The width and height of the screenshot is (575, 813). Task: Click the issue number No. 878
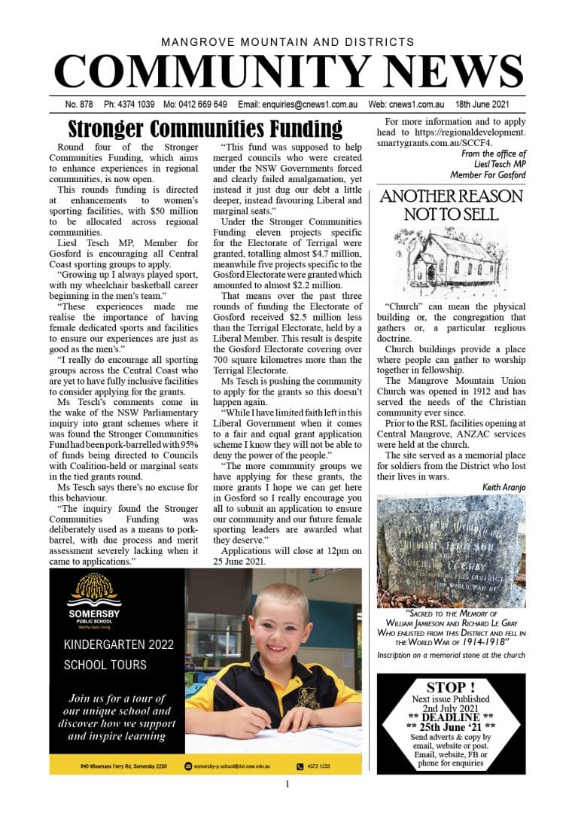pyautogui.click(x=78, y=105)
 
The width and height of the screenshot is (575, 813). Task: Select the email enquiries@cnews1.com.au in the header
pyautogui.click(x=305, y=105)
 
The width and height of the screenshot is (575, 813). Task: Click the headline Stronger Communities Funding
pyautogui.click(x=205, y=129)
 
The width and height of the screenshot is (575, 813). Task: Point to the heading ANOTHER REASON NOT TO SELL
pyautogui.click(x=451, y=205)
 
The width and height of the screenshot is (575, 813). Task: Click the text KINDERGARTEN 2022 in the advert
pyautogui.click(x=118, y=644)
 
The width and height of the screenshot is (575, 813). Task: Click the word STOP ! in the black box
pyautogui.click(x=451, y=687)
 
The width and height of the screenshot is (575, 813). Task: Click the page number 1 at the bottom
pyautogui.click(x=287, y=784)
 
